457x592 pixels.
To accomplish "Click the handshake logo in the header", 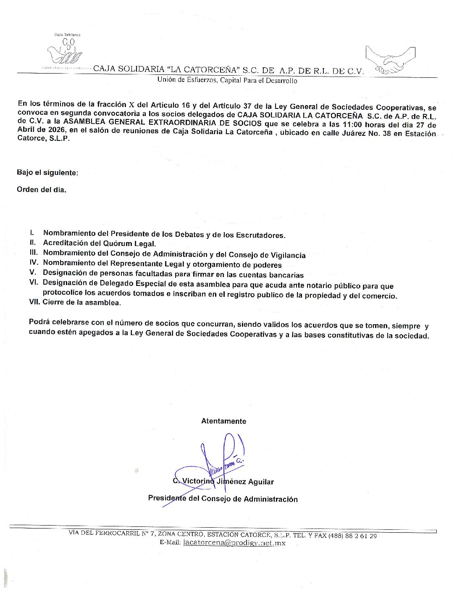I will pos(391,61).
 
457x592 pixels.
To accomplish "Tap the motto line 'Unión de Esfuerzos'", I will pos(227,80).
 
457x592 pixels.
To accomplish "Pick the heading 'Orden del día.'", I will pos(42,190).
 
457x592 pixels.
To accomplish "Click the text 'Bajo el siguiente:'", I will pos(47,173).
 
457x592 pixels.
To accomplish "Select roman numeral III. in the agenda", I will pos(34,253).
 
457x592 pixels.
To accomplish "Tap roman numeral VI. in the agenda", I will pos(34,283).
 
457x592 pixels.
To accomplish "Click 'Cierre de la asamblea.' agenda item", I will pos(81,302).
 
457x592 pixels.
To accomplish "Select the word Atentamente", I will pos(223,421).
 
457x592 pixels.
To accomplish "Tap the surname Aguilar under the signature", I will pos(261,482).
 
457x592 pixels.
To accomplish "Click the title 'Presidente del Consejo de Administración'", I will pos(223,499).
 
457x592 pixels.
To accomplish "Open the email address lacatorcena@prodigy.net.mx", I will pos(234,543).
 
